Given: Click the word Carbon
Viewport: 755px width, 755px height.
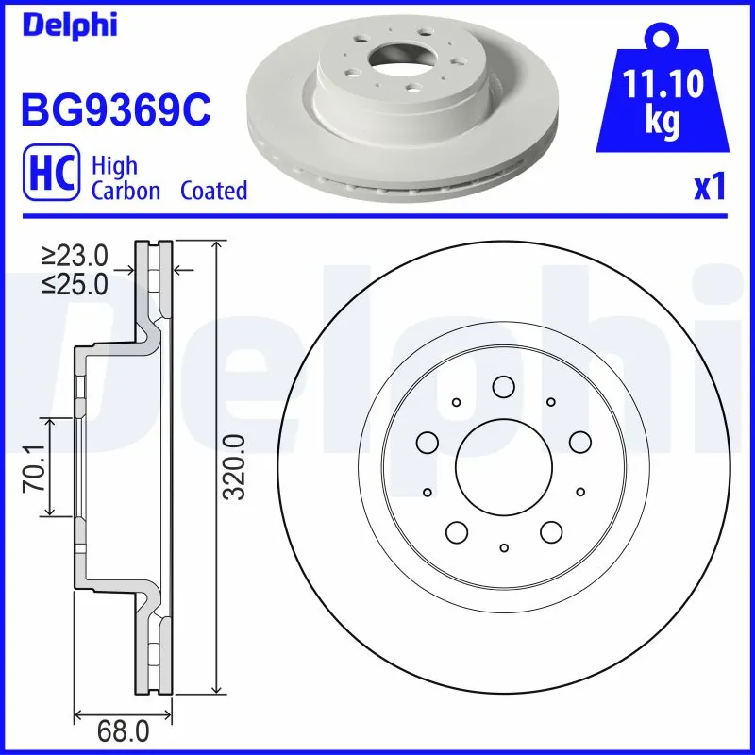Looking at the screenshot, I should pos(126,191).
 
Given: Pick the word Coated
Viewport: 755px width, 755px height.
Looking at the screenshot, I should pos(213,191).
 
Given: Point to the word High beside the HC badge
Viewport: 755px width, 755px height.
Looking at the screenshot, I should pos(113,166).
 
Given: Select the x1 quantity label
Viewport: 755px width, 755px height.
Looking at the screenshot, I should pos(709,187).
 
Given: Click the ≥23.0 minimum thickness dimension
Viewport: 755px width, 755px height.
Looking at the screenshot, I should pos(75,255).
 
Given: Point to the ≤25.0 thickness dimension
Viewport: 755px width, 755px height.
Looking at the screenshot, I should pos(75,284).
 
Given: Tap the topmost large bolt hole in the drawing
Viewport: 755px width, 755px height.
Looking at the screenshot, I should pos(503,386).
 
